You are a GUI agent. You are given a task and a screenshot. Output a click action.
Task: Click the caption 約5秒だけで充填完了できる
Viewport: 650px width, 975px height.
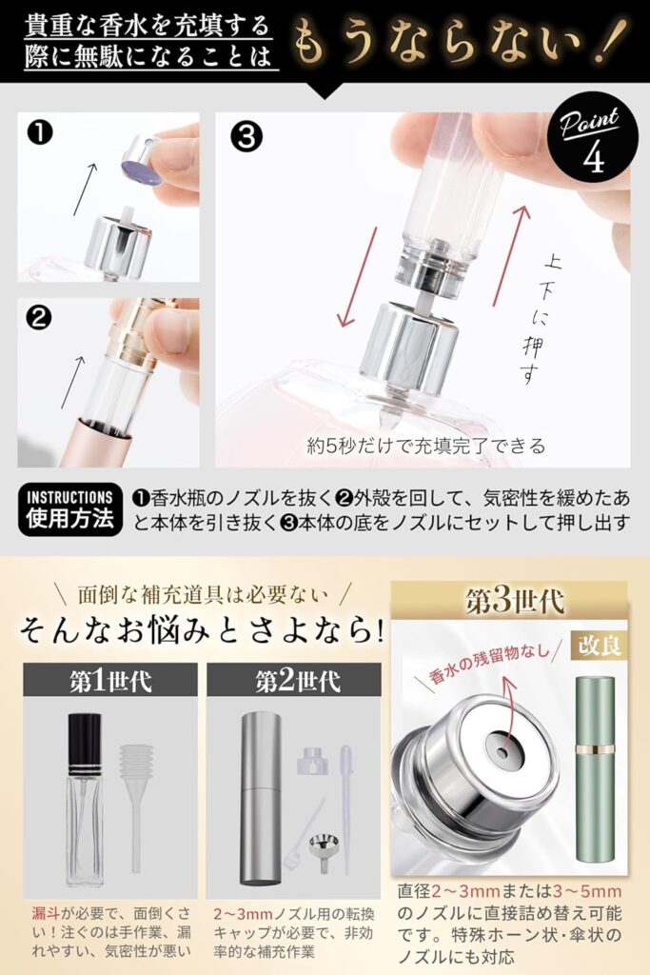pyautogui.click(x=426, y=445)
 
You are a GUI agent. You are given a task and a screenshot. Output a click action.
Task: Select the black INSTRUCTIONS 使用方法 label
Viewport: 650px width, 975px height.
pyautogui.click(x=70, y=509)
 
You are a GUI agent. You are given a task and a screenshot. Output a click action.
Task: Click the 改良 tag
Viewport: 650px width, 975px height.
pyautogui.click(x=598, y=646)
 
